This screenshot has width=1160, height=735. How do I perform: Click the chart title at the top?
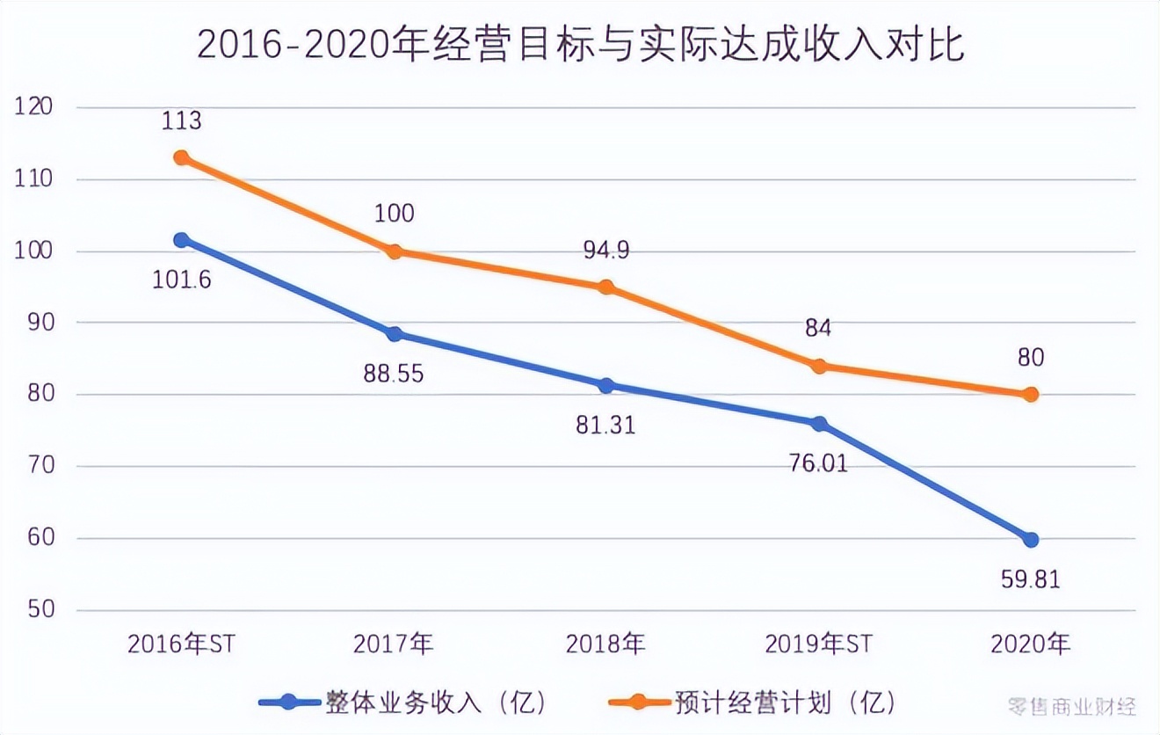(x=580, y=45)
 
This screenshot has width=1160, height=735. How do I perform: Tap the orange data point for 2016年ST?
(x=181, y=157)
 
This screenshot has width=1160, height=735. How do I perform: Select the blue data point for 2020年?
(x=1030, y=539)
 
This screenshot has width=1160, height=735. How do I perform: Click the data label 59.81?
(x=1030, y=580)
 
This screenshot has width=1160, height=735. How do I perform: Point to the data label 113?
(x=181, y=120)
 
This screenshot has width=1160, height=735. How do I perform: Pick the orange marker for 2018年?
(x=606, y=287)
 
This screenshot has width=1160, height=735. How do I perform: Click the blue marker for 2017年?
(x=394, y=334)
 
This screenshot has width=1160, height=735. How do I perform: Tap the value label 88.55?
(x=394, y=374)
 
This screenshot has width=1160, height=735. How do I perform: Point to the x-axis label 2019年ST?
(x=817, y=644)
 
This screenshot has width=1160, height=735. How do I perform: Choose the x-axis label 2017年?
(x=394, y=644)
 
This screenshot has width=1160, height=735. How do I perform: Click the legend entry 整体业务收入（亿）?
(x=404, y=702)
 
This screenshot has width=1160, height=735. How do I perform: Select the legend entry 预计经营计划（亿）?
(x=753, y=702)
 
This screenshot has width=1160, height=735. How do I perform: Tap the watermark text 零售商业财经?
(x=1072, y=705)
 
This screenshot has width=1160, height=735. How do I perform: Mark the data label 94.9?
(x=606, y=251)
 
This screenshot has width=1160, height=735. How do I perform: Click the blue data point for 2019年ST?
(x=819, y=424)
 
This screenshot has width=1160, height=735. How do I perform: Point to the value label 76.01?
(x=818, y=462)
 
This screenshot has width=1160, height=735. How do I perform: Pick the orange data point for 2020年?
(x=1030, y=395)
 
